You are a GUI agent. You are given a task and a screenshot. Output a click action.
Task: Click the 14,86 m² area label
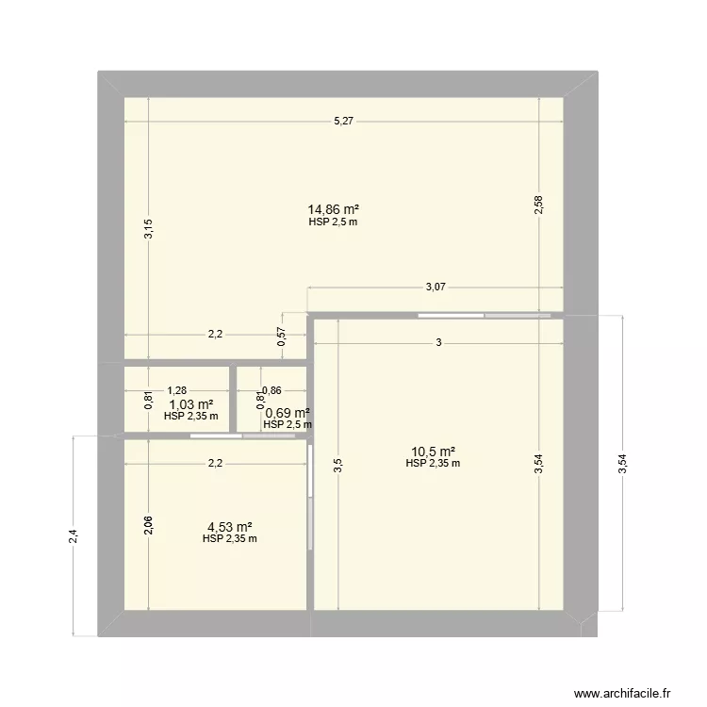tap(333, 209)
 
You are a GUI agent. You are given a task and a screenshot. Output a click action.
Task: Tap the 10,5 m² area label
tap(433, 452)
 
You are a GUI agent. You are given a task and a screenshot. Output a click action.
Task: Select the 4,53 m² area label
tap(229, 527)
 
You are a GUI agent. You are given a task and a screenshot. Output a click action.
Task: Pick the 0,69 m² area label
tap(288, 413)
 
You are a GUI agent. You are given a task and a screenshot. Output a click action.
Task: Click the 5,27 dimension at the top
tap(343, 122)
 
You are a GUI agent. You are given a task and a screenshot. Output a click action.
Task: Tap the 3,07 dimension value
tap(436, 288)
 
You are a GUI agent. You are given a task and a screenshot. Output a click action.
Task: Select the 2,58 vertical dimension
tap(538, 206)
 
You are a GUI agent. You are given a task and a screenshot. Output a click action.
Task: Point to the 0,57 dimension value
tap(281, 337)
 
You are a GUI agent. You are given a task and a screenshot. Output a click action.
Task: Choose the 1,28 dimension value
tap(177, 388)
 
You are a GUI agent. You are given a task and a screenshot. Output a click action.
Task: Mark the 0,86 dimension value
tap(271, 389)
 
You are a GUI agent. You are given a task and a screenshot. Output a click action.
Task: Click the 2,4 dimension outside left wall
tap(74, 535)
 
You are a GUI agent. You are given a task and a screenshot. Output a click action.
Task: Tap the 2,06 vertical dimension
tap(148, 525)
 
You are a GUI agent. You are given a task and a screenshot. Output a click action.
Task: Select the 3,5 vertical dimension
tap(337, 466)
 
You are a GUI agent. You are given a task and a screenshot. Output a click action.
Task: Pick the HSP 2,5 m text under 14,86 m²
tap(333, 222)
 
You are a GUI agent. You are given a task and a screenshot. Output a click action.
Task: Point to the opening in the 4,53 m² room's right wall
tap(310, 497)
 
